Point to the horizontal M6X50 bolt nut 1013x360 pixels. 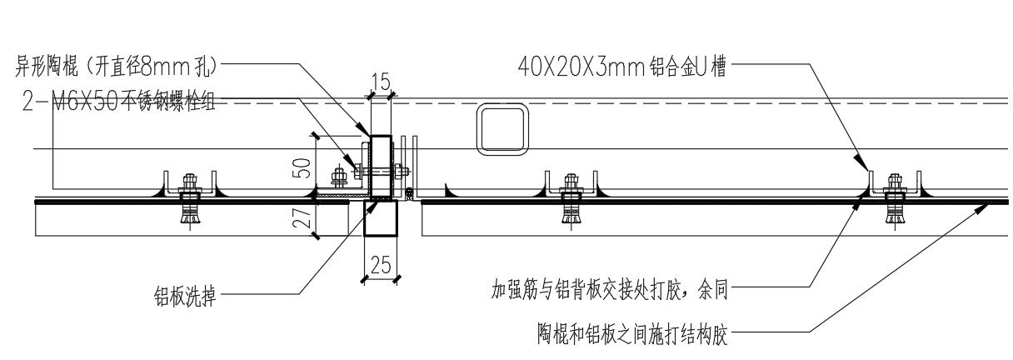[x=340, y=177]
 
